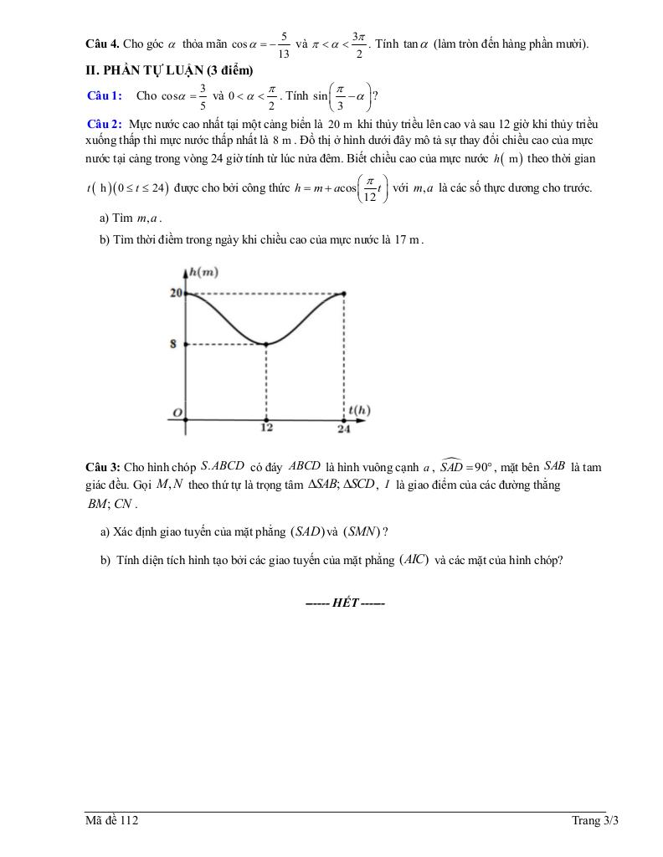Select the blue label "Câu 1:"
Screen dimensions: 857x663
click(x=105, y=96)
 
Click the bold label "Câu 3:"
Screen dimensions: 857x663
click(x=103, y=466)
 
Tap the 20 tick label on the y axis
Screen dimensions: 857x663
click(x=175, y=293)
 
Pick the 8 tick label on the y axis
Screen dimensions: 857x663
click(x=174, y=344)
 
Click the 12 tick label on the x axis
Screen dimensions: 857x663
click(x=266, y=429)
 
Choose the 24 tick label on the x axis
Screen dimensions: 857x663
click(x=344, y=429)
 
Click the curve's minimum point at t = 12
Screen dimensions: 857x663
click(x=266, y=344)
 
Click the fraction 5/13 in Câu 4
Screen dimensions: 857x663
click(x=285, y=44)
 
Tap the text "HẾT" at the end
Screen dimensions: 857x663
click(x=345, y=603)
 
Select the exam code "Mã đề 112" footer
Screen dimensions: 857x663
click(x=111, y=821)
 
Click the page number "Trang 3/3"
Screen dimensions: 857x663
click(x=594, y=821)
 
